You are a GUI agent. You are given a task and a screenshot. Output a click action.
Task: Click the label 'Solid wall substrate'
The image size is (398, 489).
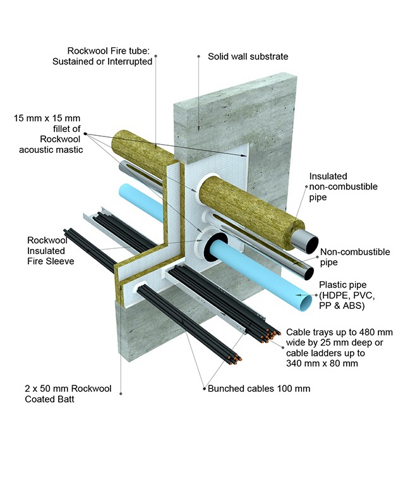coord(248,57)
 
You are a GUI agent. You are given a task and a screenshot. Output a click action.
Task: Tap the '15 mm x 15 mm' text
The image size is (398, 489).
coord(46,118)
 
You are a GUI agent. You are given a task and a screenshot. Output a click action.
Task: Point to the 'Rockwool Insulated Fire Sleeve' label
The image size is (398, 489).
coord(52,250)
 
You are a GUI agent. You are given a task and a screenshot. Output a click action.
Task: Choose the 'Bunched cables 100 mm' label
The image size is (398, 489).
coord(259,388)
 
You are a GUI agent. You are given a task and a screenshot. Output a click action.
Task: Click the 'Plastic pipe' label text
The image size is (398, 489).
coord(342,284)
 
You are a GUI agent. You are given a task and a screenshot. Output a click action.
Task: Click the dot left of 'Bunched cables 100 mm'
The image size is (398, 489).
coord(203,388)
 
